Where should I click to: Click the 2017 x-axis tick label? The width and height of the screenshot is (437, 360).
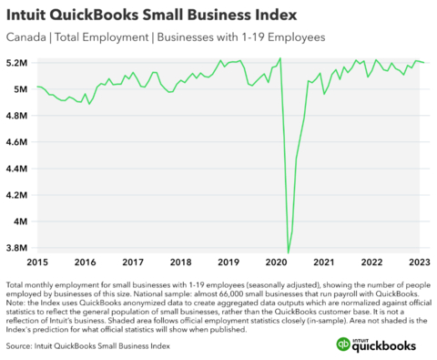point(134,262)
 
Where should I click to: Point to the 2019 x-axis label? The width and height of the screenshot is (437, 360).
point(229,262)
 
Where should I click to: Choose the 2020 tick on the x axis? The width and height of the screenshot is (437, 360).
point(276,262)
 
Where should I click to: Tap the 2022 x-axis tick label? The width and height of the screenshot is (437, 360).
point(371,262)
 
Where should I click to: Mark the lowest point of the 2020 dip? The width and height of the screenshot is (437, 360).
point(289,252)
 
